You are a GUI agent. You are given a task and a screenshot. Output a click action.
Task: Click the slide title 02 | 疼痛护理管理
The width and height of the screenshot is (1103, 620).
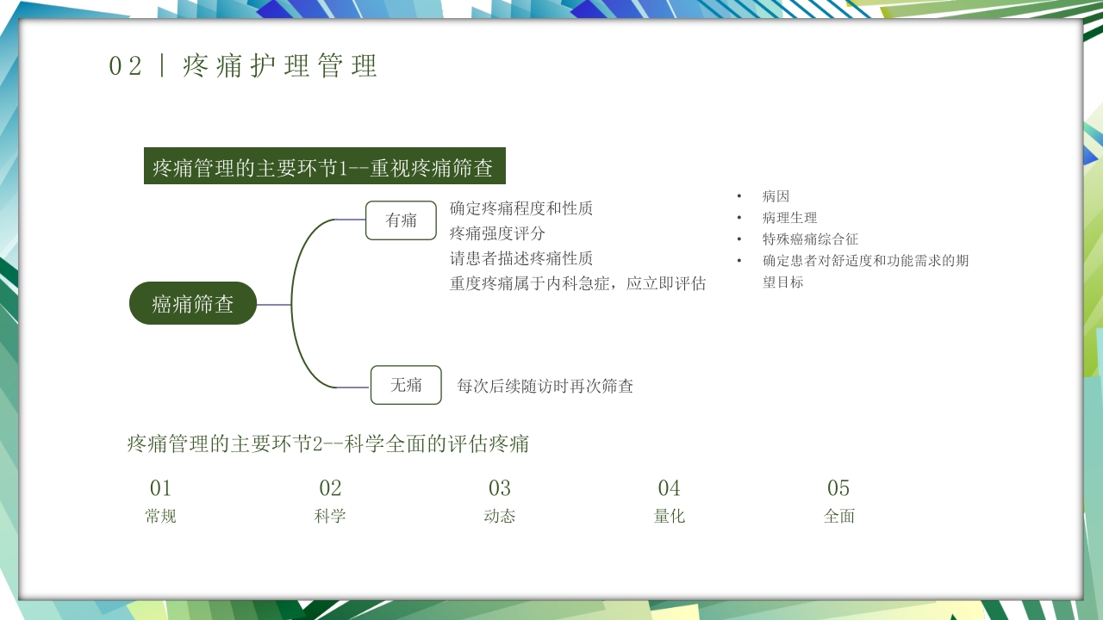(x=243, y=66)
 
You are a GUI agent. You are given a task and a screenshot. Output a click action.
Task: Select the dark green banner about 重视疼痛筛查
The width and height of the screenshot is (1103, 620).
(x=324, y=166)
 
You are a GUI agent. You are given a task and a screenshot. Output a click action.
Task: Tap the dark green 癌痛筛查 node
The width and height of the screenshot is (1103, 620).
(x=193, y=303)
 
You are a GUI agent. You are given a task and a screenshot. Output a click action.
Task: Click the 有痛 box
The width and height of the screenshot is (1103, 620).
(x=401, y=220)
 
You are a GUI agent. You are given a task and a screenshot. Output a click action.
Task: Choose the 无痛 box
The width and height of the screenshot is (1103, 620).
(x=406, y=385)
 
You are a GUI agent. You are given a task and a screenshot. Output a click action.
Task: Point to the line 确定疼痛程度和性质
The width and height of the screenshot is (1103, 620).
(x=520, y=208)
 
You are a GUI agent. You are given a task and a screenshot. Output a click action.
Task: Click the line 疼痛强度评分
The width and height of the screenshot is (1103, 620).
(x=497, y=233)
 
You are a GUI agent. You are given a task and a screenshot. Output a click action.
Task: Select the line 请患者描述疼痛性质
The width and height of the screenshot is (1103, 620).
(x=520, y=258)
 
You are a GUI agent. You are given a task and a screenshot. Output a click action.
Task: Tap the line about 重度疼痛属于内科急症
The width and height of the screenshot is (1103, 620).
(x=577, y=283)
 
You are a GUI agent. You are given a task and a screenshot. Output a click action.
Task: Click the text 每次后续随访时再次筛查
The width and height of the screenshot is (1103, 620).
(x=545, y=387)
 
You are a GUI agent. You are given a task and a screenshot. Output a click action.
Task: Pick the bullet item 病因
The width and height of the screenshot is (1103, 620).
(x=776, y=196)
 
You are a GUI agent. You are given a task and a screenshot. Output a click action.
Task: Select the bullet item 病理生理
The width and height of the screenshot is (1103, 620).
(x=789, y=218)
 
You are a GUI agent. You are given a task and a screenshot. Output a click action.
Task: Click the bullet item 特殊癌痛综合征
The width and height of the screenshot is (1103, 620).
(x=810, y=239)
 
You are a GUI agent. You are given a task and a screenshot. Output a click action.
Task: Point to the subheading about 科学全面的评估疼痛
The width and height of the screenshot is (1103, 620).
(x=327, y=444)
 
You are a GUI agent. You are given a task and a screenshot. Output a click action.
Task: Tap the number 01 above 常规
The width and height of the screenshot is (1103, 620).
(x=161, y=488)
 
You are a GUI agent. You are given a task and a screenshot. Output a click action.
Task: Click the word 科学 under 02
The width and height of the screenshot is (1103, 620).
(x=330, y=517)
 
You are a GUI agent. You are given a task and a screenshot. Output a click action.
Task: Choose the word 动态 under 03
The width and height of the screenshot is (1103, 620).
(x=500, y=517)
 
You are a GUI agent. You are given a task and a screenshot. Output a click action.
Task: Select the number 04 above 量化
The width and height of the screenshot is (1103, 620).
(x=670, y=488)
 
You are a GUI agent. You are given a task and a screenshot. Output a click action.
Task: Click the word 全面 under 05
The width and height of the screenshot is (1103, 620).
(x=839, y=517)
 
